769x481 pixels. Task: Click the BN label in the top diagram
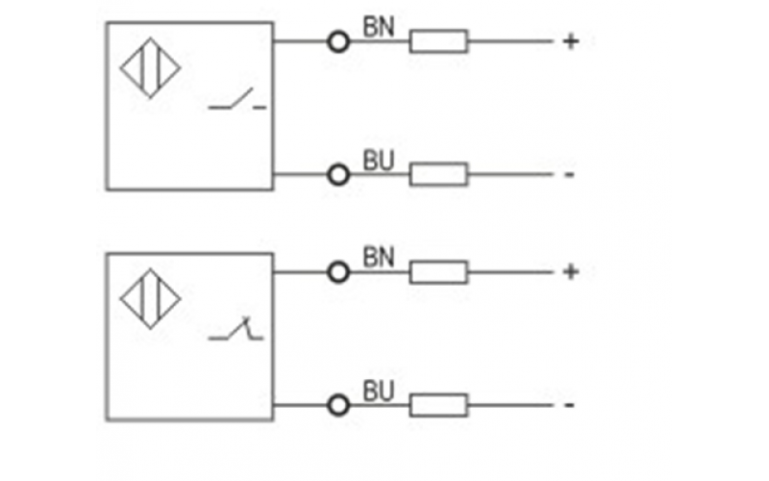378,26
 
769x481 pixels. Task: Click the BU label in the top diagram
378,159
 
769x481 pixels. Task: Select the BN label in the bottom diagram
378,257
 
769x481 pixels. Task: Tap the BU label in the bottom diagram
378,391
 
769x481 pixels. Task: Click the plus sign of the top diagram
570,41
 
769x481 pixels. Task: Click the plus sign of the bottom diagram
570,272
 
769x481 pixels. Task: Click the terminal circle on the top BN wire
337,41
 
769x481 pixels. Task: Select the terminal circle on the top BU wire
337,174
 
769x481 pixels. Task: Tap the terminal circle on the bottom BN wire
337,272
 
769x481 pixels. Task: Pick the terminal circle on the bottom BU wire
337,405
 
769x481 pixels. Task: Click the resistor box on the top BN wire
438,41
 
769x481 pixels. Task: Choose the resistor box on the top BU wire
438,174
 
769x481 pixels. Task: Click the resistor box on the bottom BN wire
438,272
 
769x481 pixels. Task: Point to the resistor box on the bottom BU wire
438,405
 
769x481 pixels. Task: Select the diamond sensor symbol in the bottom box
151,298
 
